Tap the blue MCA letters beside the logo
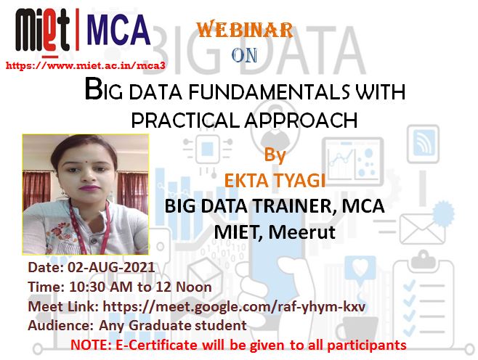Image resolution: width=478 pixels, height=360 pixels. tap(118, 30)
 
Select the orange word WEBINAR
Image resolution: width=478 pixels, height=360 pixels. tap(245, 30)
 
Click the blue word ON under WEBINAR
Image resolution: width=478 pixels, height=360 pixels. tap(244, 55)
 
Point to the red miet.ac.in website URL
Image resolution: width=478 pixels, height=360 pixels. tap(86, 65)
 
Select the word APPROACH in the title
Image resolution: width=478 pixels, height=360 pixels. tap(301, 120)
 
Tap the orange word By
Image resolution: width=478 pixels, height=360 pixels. tap(275, 155)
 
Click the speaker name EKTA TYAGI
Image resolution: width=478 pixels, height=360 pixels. tap(275, 180)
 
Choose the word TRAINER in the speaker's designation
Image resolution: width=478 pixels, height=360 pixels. tap(293, 206)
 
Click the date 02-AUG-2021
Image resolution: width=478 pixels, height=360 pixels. tap(111, 267)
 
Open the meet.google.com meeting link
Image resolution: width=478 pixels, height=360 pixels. tap(234, 306)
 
